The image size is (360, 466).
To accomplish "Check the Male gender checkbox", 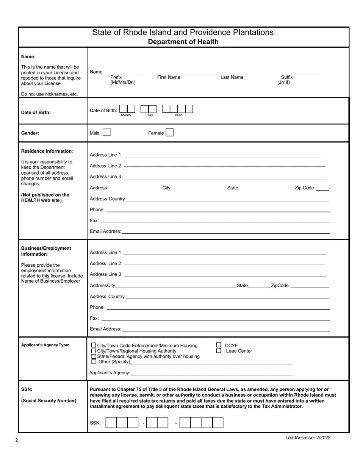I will point(106,132).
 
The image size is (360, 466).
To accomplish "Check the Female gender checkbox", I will point(170,132).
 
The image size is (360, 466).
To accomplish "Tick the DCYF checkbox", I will point(219,345).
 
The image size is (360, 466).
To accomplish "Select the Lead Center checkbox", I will point(219,351).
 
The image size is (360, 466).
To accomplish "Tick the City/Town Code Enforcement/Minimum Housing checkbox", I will point(94,346).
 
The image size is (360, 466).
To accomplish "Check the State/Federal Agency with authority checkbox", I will point(94,357).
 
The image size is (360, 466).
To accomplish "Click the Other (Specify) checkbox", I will point(94,362).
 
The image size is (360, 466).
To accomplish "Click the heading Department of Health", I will point(183,42).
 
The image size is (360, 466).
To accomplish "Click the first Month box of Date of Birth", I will point(123,109).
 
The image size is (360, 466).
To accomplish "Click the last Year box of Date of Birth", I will point(189,109).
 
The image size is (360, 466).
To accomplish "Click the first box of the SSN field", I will point(111,422).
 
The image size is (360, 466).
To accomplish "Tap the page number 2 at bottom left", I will point(17,440).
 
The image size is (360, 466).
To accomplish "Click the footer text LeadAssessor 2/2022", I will point(308,438).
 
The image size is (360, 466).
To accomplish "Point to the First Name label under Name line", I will point(169,77).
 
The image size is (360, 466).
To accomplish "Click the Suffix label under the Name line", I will point(286,77).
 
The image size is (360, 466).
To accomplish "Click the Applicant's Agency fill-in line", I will point(211,373).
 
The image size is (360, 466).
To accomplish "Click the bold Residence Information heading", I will point(46,151).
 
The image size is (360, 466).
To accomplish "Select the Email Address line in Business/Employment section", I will point(225,329).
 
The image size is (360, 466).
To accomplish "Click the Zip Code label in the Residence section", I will point(304,188).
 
